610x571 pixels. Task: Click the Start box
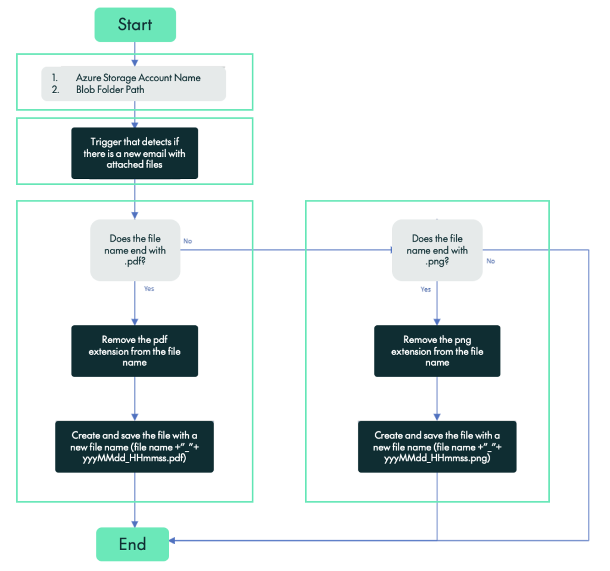tap(135, 24)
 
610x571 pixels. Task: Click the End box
tap(132, 544)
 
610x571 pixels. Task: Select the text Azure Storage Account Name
tap(138, 78)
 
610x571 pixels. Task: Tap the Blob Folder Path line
tap(110, 89)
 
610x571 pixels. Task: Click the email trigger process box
tap(135, 153)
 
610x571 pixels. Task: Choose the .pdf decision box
tap(135, 250)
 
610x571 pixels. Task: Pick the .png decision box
tap(437, 250)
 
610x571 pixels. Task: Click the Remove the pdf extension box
tap(135, 351)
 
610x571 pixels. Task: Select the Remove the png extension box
tap(437, 351)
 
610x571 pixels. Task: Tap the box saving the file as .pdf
tap(135, 447)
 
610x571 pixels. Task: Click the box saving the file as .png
tap(437, 447)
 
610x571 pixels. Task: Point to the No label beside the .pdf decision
tap(188, 241)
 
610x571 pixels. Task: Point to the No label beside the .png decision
tap(491, 261)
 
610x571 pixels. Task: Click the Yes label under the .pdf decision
tap(149, 289)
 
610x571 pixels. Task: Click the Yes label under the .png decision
tap(425, 289)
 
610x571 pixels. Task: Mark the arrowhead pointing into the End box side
tap(172, 540)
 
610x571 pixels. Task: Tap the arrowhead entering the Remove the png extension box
tap(437, 322)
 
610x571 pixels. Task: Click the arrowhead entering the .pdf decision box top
tap(135, 215)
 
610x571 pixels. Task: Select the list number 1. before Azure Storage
tap(55, 78)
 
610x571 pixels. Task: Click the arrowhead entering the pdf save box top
tap(135, 418)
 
